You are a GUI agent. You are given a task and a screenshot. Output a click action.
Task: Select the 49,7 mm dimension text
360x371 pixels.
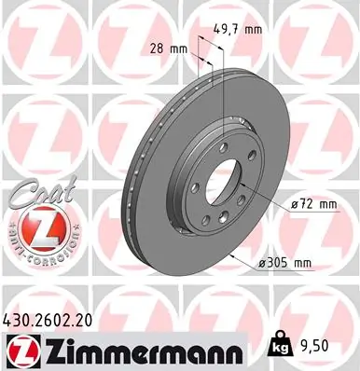(x=241, y=31)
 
